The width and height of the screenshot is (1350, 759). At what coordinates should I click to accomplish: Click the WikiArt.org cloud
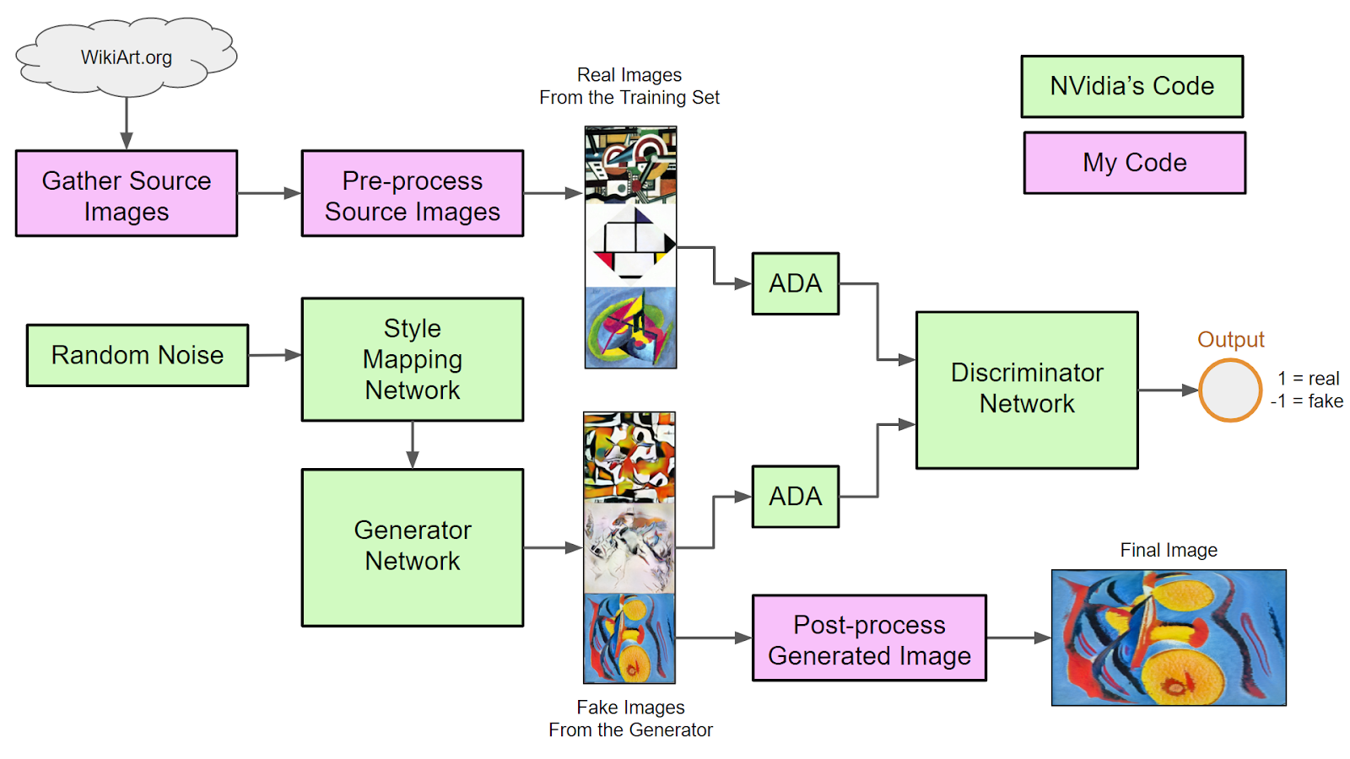point(127,57)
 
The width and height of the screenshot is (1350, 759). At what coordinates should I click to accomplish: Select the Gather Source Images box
point(127,194)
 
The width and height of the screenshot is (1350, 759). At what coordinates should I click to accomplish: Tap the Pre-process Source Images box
point(413,194)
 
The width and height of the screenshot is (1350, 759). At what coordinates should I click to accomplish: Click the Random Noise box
point(138,355)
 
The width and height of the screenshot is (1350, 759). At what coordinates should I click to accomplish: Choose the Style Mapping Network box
point(413,359)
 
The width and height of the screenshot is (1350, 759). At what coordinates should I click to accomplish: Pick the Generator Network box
point(413,547)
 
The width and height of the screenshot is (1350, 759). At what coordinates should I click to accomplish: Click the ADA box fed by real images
point(795,283)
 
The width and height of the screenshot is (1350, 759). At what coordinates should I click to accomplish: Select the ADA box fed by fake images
point(795,496)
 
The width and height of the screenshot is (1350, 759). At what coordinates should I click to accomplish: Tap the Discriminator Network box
point(1027,390)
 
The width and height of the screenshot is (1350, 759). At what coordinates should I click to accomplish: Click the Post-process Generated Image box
point(869,638)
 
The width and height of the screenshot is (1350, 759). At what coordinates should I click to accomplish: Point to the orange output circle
point(1230,390)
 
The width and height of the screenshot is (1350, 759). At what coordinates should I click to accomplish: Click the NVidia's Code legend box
point(1131,86)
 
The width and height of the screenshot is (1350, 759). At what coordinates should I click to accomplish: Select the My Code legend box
point(1134,163)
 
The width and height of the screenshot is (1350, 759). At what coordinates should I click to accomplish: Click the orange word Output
point(1230,340)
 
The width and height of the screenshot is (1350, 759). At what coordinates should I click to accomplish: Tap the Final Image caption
point(1169,551)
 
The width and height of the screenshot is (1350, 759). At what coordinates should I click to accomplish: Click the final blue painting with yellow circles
point(1169,638)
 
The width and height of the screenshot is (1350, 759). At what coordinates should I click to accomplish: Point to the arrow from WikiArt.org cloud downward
point(127,123)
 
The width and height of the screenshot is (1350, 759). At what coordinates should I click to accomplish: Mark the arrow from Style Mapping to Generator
point(413,444)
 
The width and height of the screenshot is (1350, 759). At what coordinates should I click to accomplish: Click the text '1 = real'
point(1308,379)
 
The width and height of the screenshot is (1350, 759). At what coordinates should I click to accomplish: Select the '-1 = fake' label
point(1307,401)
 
